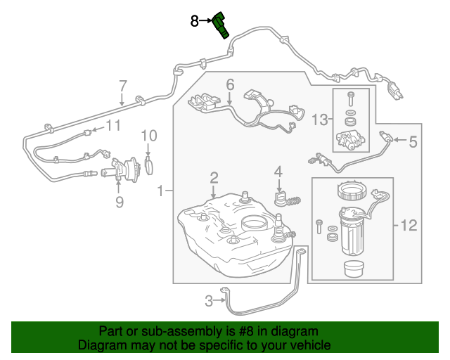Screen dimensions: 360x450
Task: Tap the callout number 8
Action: pos(195,21)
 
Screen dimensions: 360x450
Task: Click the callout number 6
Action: pos(229,85)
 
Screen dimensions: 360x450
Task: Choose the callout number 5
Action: pos(413,142)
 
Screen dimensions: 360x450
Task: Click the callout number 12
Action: pos(409,226)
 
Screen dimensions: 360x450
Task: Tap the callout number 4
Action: pos(278,171)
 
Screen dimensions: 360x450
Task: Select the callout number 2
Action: pos(213,177)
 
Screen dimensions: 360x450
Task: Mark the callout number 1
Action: pos(161,191)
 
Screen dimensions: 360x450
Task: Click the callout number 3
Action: pos(208,302)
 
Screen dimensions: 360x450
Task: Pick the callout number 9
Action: pos(119,202)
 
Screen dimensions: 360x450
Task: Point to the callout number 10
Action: pos(149,135)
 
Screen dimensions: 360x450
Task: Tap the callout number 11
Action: pos(113,126)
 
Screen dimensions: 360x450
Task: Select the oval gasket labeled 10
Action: pos(149,165)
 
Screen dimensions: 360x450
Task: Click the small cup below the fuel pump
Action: pos(352,269)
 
